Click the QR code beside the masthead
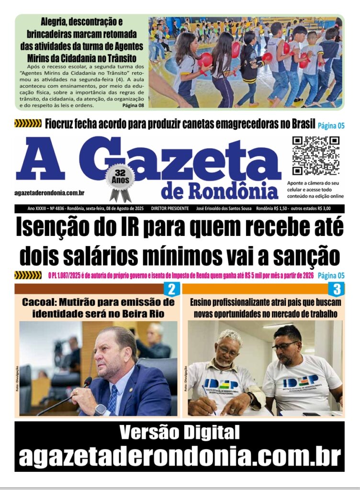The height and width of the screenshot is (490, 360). point(315,156)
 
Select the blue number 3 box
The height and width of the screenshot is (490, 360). point(337,289)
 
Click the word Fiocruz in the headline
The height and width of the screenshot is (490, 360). point(62,124)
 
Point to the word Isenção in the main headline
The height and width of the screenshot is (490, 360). point(53,227)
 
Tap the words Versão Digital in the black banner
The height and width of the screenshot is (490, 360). point(179,433)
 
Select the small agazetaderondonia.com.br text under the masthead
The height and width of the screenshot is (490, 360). point(49,192)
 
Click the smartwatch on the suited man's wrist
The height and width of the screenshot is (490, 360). point(100,410)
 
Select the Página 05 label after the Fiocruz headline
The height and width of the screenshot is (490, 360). point(331,125)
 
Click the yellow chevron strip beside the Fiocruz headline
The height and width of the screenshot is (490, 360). point(28,124)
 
